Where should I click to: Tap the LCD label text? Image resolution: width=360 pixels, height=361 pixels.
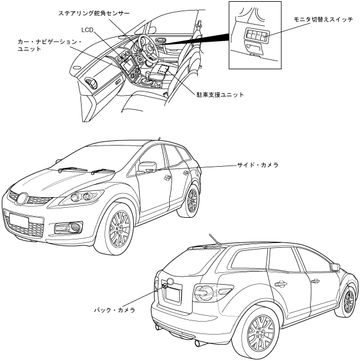88,28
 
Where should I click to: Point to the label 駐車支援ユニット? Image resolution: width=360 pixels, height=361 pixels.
220,94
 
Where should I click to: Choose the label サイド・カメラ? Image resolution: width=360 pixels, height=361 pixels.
256,166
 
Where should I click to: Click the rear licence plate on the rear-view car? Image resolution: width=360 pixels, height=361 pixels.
171,293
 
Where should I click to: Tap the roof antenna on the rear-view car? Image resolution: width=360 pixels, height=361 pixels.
213,239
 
